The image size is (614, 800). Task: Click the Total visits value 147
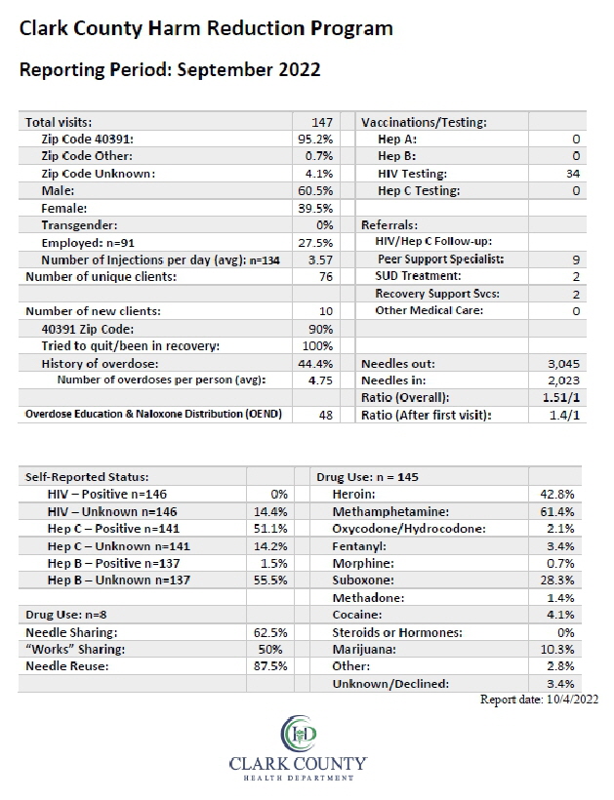(322, 123)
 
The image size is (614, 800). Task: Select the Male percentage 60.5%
(315, 191)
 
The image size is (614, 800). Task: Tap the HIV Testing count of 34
(573, 174)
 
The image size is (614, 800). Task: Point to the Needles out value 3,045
(563, 364)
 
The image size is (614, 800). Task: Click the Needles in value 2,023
(563, 380)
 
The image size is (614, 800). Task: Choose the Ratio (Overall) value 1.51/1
(561, 397)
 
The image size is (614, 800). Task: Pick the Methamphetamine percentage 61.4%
(557, 512)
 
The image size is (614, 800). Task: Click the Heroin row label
(353, 495)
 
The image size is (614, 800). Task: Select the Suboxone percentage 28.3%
(557, 580)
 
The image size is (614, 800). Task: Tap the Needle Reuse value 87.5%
(270, 666)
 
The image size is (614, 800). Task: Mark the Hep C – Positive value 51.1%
(270, 529)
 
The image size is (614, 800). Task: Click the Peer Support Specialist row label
(441, 260)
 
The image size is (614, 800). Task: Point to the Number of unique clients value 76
(326, 277)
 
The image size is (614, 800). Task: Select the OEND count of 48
(326, 415)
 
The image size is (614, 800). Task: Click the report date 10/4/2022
(572, 700)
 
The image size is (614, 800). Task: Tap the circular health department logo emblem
(299, 733)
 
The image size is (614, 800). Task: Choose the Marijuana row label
(364, 650)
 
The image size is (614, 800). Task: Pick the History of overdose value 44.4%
(315, 364)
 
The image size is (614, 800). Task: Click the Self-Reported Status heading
(87, 477)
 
